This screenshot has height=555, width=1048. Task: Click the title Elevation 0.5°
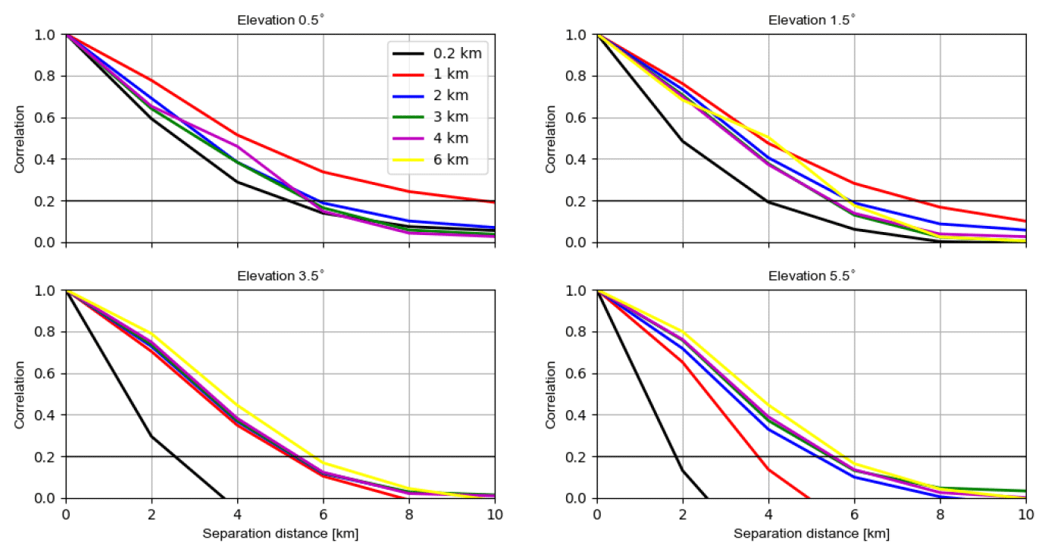(x=280, y=20)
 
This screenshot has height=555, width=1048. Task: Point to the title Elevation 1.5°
(x=812, y=20)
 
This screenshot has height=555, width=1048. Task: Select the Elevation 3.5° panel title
(x=280, y=276)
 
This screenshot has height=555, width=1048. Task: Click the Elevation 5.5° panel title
(x=812, y=276)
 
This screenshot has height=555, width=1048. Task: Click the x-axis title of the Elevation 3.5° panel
(x=280, y=534)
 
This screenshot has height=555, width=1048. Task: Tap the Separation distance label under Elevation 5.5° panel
(x=812, y=534)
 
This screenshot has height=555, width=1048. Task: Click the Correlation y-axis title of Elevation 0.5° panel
(x=20, y=139)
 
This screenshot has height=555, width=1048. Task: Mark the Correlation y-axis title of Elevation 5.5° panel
(x=551, y=394)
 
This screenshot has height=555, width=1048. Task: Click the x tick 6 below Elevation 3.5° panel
(x=324, y=513)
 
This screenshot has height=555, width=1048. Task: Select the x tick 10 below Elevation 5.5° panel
(x=1026, y=513)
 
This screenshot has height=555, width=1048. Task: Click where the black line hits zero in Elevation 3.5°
(x=225, y=498)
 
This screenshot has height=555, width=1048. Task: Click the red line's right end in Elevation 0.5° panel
(x=495, y=202)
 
